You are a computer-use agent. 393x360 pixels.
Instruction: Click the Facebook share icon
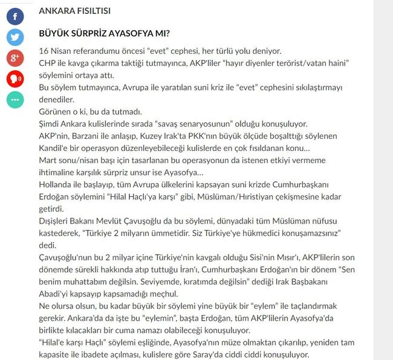[x=15, y=16]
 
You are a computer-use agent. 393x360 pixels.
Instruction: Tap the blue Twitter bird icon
[x=15, y=37]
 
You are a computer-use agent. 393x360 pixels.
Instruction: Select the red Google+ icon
[x=15, y=58]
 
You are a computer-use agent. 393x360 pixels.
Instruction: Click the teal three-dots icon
[x=15, y=100]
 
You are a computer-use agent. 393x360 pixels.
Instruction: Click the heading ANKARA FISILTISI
[x=74, y=11]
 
